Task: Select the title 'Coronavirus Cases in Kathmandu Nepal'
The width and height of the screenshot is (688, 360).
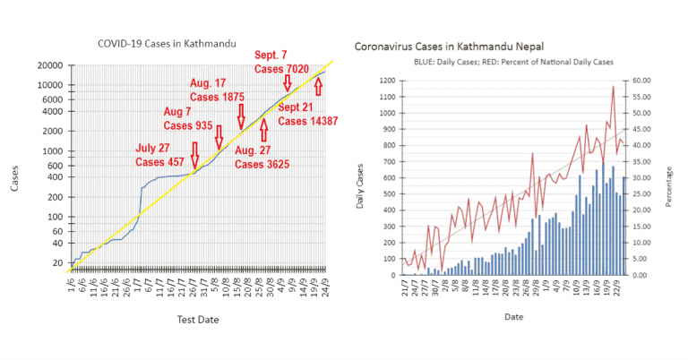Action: pyautogui.click(x=450, y=46)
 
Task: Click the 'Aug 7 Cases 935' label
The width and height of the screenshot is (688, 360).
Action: pyautogui.click(x=187, y=118)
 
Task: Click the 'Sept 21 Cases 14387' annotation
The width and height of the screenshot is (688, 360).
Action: pyautogui.click(x=307, y=113)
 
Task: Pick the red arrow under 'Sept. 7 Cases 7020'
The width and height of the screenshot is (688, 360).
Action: pyautogui.click(x=288, y=83)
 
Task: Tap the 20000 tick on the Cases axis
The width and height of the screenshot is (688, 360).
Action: pyautogui.click(x=49, y=65)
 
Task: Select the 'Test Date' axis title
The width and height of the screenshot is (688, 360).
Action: pyautogui.click(x=195, y=320)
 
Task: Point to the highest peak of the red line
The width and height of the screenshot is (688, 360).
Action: pyautogui.click(x=614, y=86)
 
